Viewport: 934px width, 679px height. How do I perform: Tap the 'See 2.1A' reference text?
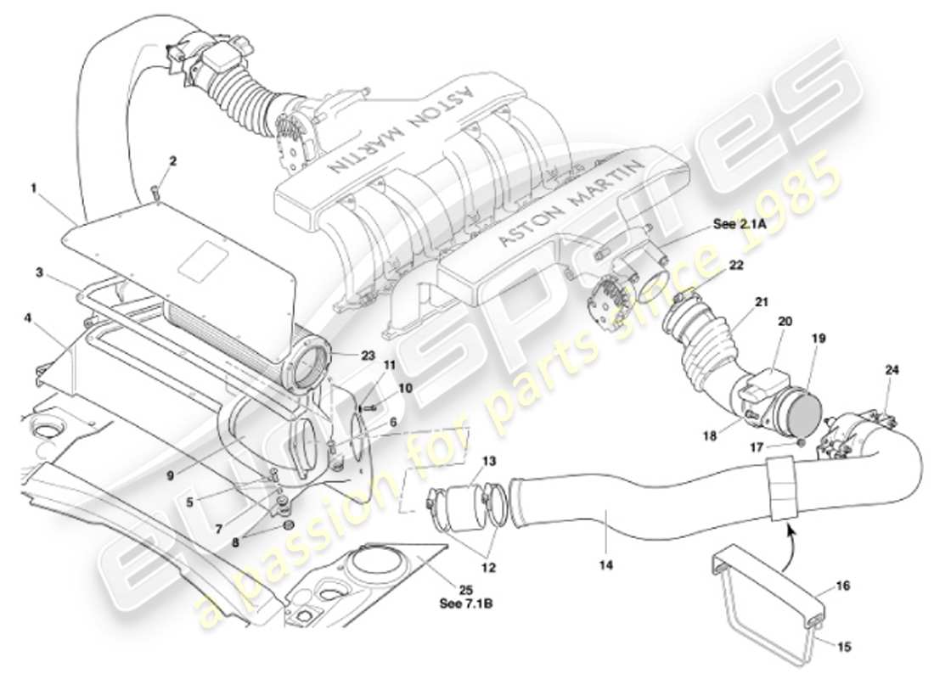(x=736, y=227)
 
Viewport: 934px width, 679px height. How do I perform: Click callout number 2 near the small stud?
(x=173, y=160)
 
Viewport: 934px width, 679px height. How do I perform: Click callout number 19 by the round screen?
(x=818, y=338)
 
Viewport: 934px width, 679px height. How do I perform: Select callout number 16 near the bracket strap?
(x=842, y=586)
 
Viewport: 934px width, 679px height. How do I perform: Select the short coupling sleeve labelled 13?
(x=465, y=508)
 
